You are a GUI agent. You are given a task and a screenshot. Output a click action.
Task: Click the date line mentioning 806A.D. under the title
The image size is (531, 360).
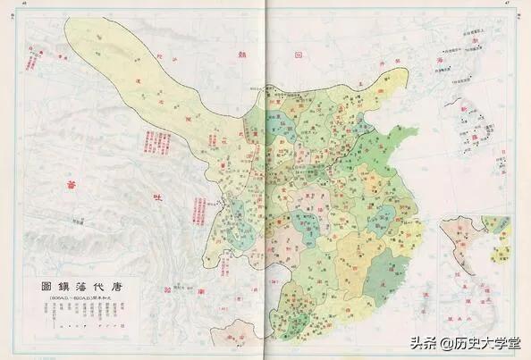click(x=72, y=301)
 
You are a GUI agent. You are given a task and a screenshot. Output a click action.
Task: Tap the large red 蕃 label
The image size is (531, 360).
click(x=64, y=185)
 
